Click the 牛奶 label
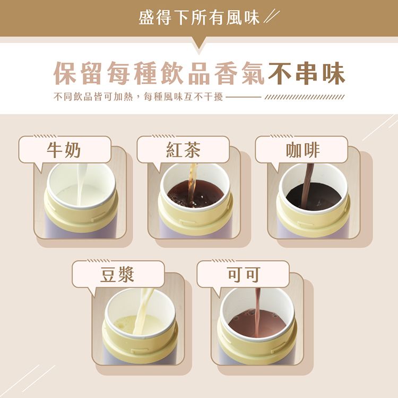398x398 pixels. (64, 150)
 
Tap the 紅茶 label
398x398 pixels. (183, 150)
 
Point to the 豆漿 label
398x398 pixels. (118, 274)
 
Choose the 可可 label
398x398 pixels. (244, 274)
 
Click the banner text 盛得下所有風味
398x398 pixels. (199, 18)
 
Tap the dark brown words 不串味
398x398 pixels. (307, 74)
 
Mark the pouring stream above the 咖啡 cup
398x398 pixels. (309, 175)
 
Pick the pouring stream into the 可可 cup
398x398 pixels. (257, 302)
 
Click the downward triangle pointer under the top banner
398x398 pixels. (199, 44)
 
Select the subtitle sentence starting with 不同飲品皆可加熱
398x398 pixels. (138, 98)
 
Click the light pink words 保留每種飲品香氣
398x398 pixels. (159, 74)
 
